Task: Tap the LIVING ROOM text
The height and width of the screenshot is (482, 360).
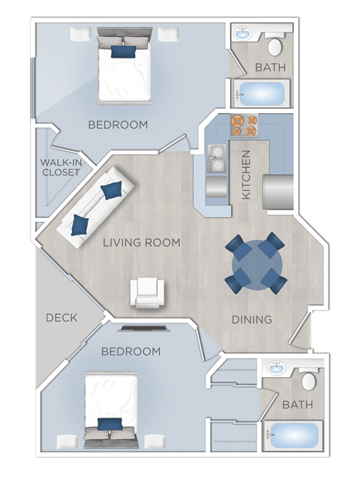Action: (142, 242)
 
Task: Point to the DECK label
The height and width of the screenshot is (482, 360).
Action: (61, 317)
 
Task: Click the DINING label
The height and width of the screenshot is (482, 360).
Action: (251, 319)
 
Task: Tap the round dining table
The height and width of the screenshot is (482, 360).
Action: (256, 264)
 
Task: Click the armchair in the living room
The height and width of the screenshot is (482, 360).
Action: (146, 292)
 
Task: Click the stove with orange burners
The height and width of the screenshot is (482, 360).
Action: (243, 125)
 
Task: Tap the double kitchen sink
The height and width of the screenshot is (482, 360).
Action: (216, 159)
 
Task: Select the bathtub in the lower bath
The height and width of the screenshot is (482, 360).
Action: (294, 436)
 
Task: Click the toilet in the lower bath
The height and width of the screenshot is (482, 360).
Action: (308, 380)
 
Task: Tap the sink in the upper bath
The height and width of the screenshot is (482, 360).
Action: (243, 34)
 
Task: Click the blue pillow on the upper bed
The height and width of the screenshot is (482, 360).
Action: (123, 52)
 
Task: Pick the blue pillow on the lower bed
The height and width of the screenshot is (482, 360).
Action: (109, 424)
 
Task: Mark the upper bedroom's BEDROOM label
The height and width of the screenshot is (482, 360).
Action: (118, 124)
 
